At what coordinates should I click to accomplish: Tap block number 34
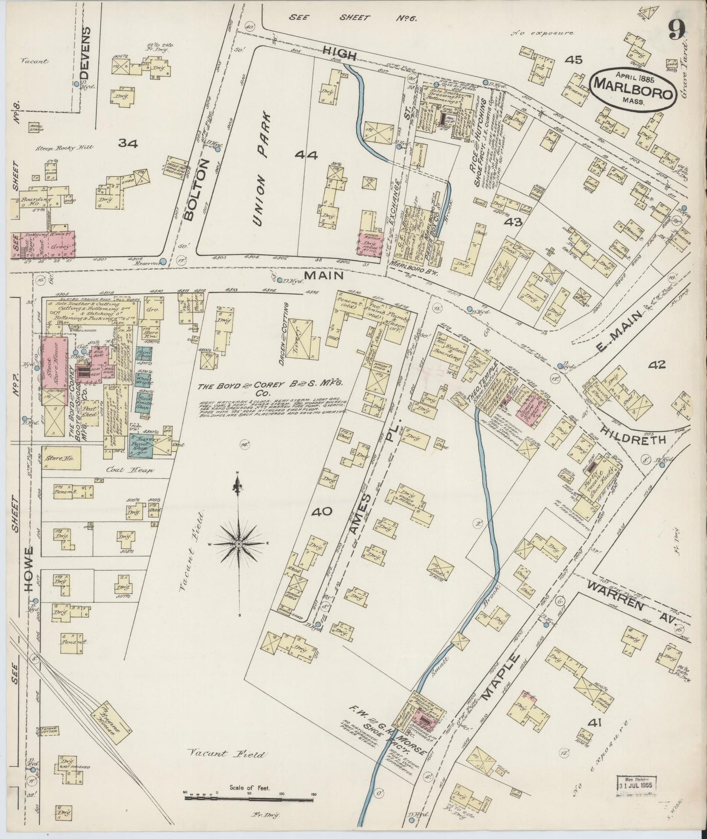[x=128, y=143]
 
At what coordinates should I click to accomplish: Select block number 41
[x=594, y=722]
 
